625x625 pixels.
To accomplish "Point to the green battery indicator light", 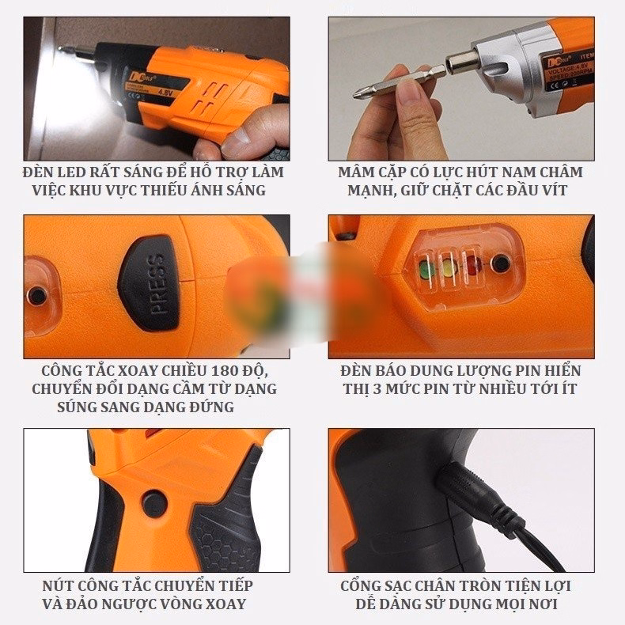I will [427, 268].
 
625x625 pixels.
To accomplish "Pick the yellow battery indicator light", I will [451, 267].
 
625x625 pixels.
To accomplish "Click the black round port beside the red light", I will [499, 263].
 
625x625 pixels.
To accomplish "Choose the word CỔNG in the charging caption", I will [361, 586].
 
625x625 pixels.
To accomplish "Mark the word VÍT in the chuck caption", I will [569, 191].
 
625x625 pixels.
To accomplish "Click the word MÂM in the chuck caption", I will [356, 172].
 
